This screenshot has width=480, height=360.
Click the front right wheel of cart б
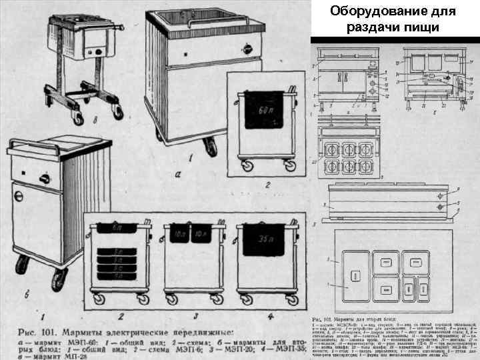pyautogui.click(x=59, y=279)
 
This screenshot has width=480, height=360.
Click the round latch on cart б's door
pyautogui.click(x=19, y=197)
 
